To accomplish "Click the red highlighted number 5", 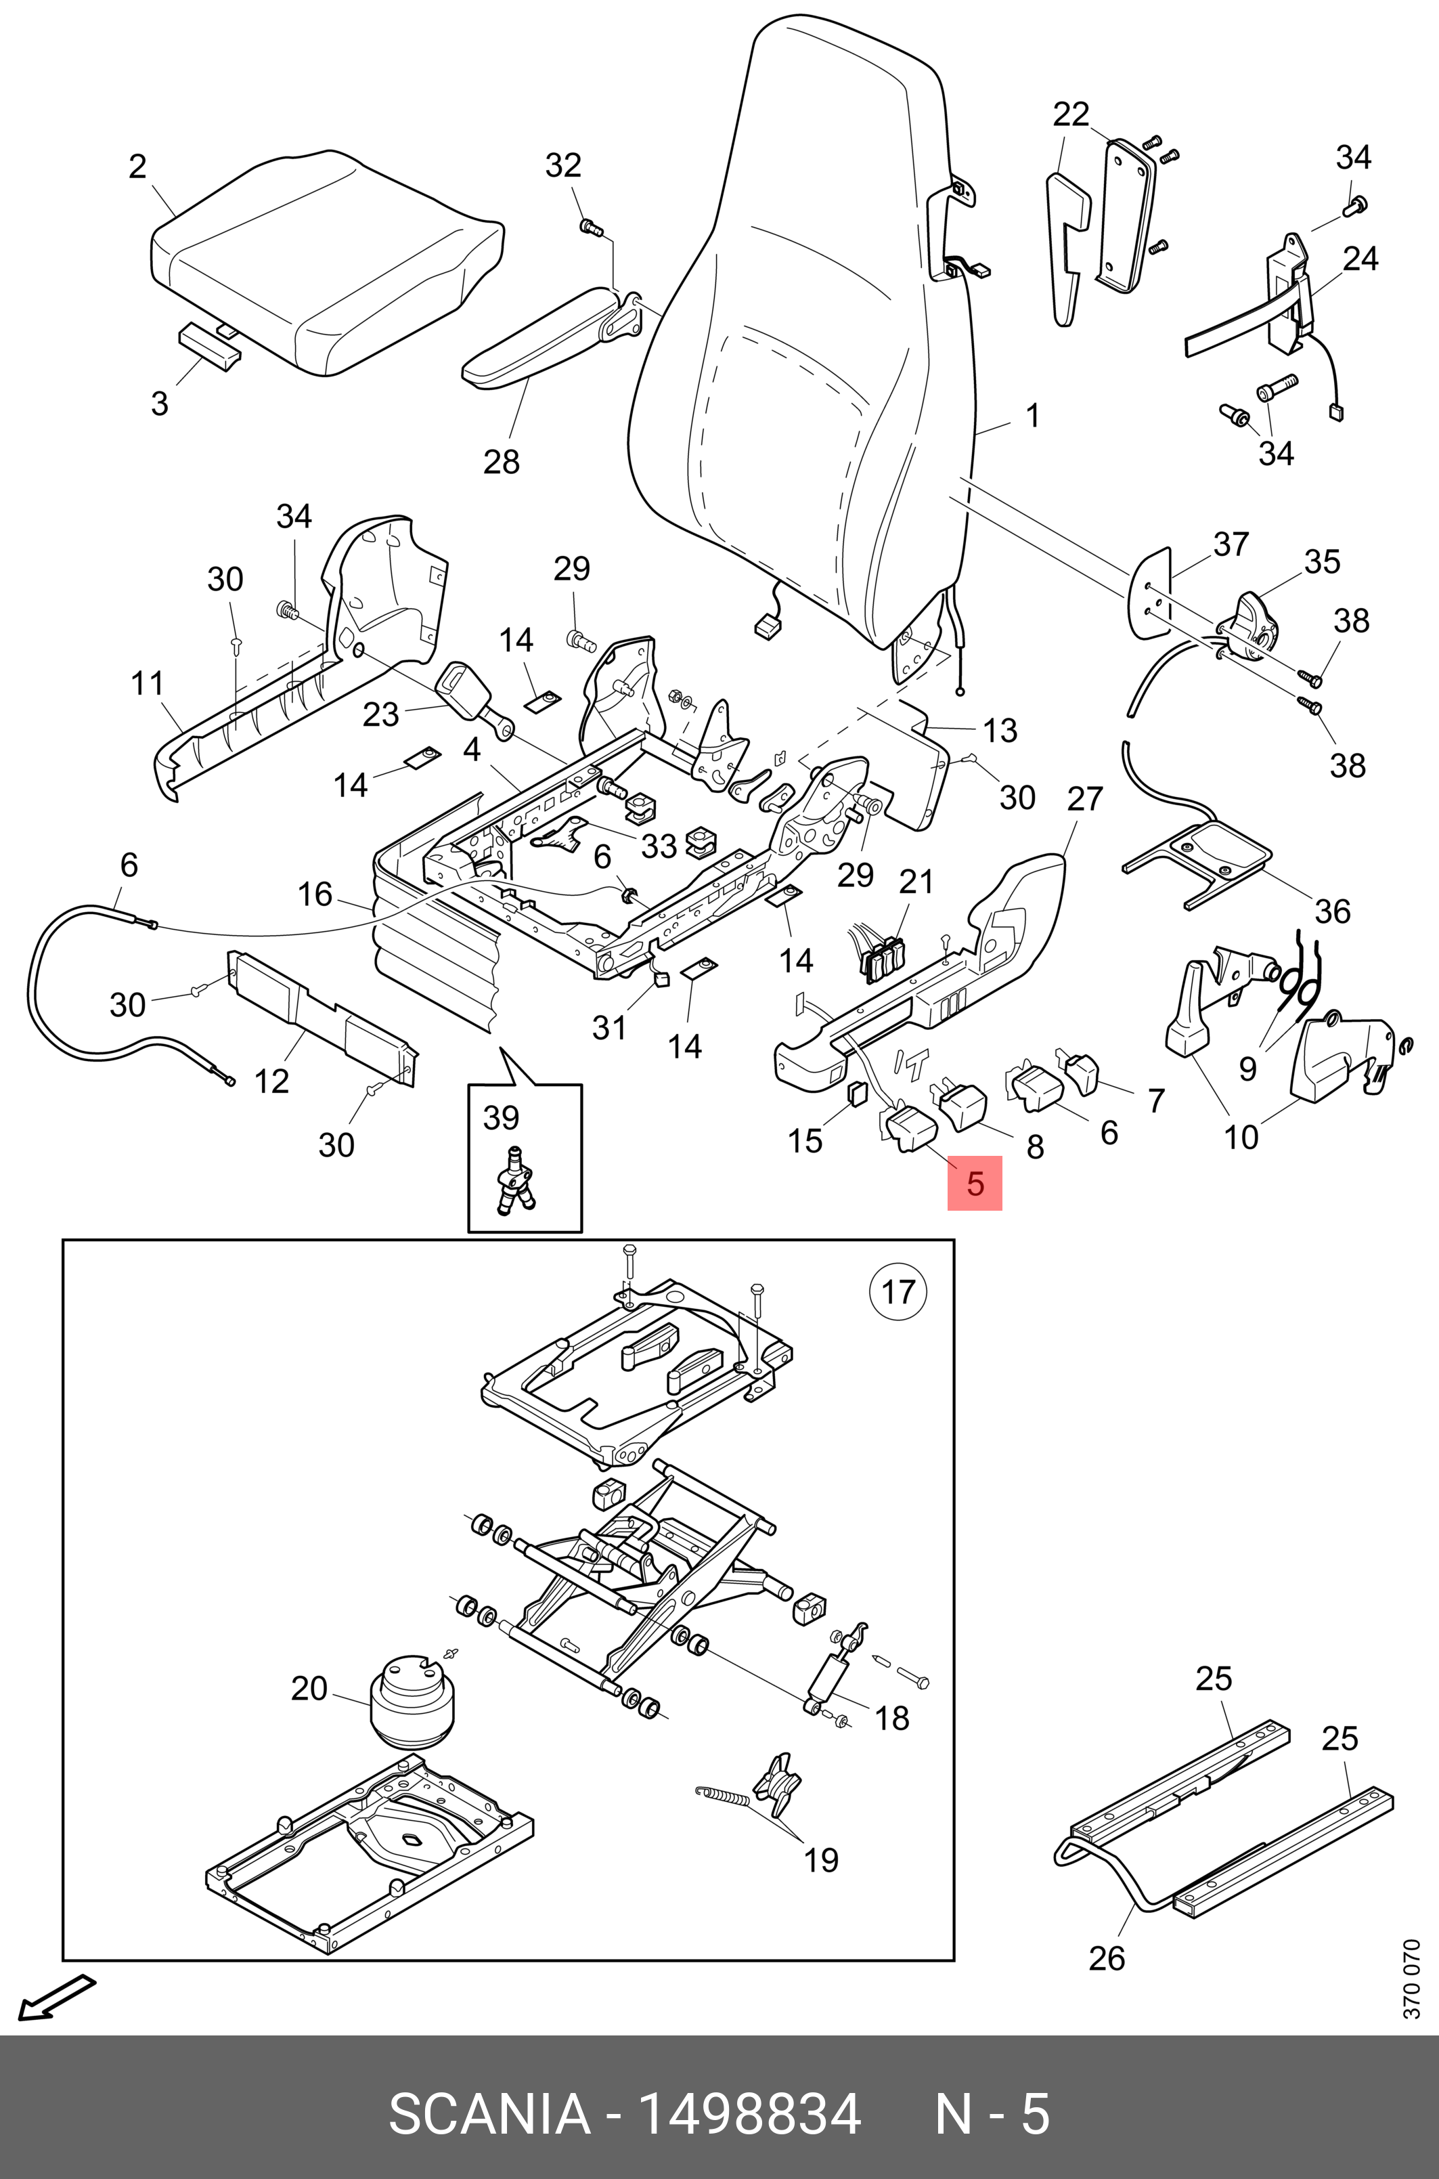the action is pyautogui.click(x=975, y=1183).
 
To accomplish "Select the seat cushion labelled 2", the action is pyautogui.click(x=327, y=264).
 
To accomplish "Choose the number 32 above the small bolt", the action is pyautogui.click(x=564, y=165).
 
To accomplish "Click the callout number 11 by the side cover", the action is pyautogui.click(x=148, y=683).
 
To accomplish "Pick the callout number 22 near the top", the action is pyautogui.click(x=1070, y=114).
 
